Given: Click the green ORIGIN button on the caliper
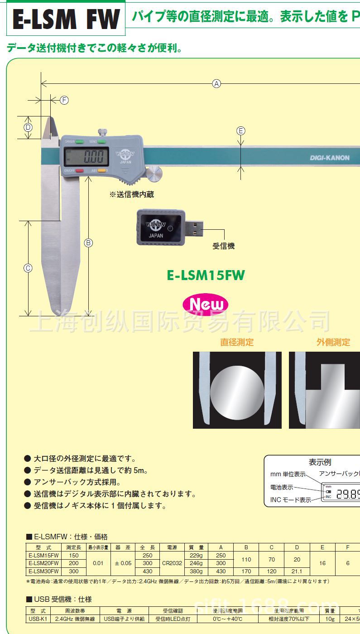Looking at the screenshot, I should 80,142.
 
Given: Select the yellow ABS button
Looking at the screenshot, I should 102,171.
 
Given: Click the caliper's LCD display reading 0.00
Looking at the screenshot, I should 86,157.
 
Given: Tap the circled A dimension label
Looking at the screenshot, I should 217,83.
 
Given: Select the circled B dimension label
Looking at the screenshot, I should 89,242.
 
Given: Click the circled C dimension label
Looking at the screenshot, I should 28,268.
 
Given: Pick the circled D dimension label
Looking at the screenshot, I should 28,127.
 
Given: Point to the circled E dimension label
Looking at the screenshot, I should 241,131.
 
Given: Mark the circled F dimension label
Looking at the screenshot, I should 64,100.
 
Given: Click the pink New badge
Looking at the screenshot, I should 206,305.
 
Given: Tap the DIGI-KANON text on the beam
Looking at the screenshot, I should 330,158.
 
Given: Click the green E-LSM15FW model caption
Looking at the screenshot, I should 206,276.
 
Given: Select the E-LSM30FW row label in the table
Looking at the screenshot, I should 43,571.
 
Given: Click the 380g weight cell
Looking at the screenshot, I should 196,571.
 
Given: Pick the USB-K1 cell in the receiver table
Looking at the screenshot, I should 38,619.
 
